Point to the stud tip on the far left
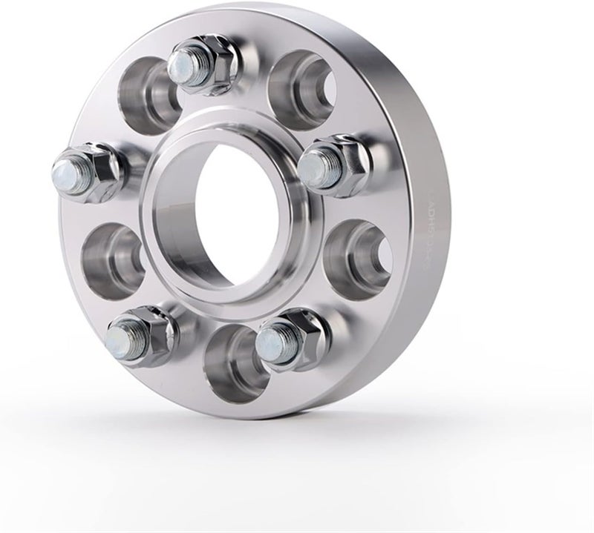point(65,174)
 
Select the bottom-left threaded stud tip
point(119,342)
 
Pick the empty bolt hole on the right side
point(359,255)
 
